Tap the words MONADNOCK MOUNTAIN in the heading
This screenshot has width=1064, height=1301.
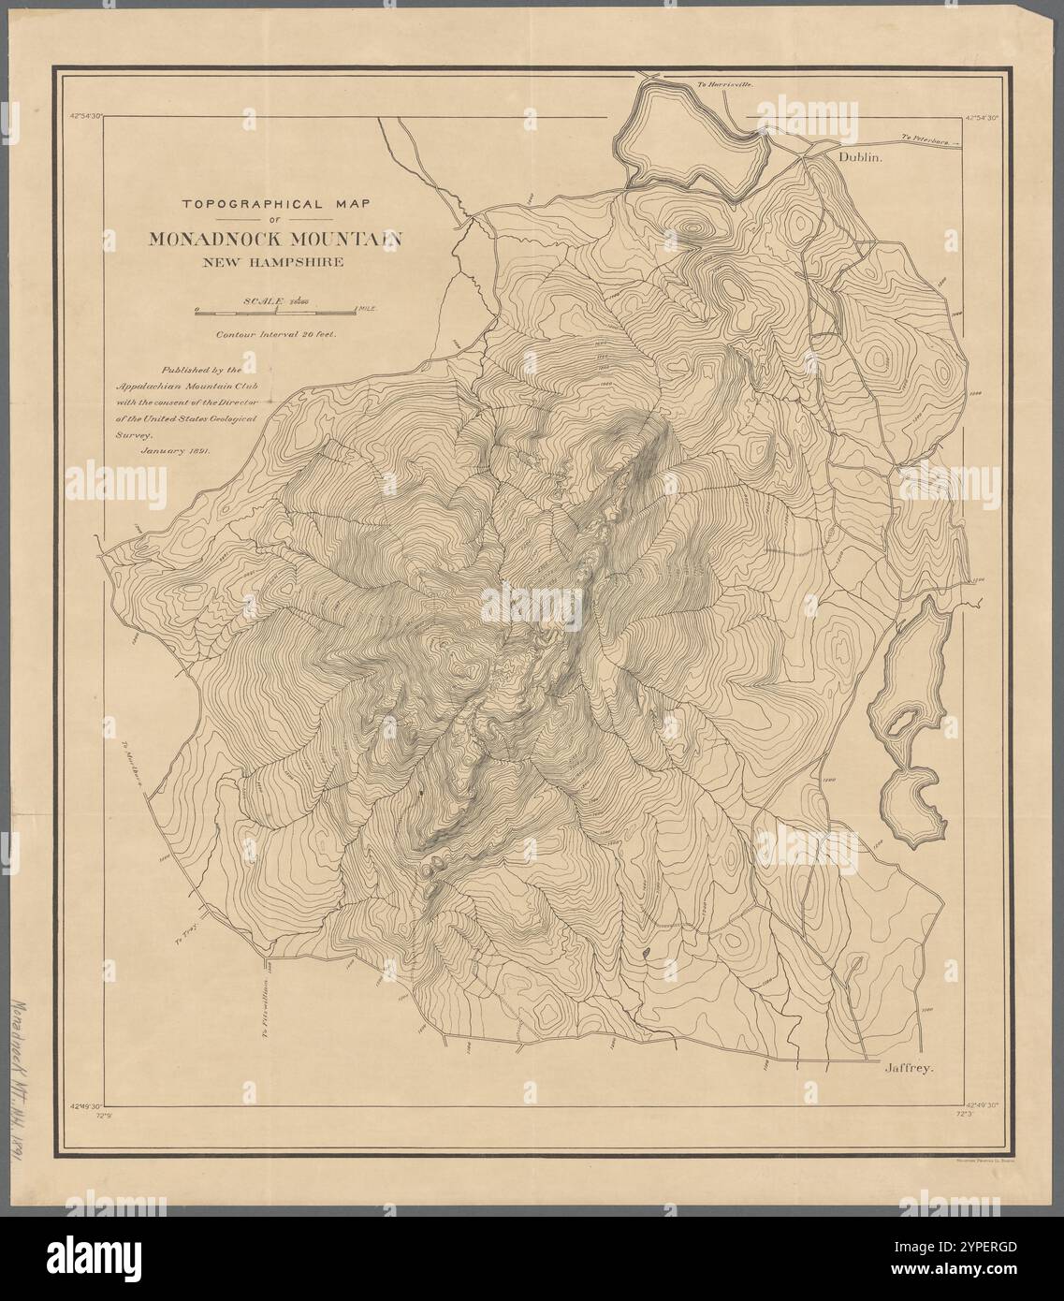tap(275, 239)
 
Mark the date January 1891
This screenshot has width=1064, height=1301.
tap(174, 450)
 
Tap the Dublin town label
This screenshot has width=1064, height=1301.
tap(861, 159)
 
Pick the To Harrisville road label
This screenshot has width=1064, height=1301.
tap(724, 85)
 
